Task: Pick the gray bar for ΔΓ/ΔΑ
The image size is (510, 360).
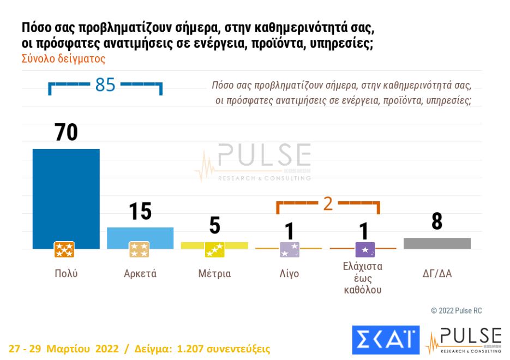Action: [x=437, y=243]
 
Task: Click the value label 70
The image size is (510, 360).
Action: [x=66, y=133]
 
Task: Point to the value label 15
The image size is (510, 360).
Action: [x=140, y=212]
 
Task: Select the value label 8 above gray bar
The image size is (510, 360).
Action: [x=437, y=221]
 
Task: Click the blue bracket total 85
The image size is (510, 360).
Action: [x=105, y=85]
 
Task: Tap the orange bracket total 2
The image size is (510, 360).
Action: [x=328, y=203]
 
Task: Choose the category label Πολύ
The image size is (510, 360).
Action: [x=66, y=274]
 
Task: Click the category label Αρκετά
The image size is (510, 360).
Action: [x=140, y=274]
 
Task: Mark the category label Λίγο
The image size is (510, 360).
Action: [x=289, y=274]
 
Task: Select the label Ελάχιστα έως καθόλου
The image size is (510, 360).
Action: [x=363, y=278]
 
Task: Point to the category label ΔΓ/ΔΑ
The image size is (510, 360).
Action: [x=437, y=274]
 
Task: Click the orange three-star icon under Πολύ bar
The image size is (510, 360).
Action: [x=64, y=250]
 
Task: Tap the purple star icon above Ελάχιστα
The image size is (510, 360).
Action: [x=364, y=250]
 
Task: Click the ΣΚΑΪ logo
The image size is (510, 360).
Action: [x=386, y=339]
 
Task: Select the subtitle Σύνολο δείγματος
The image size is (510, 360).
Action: [x=63, y=59]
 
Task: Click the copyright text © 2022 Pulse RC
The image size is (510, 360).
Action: [x=456, y=310]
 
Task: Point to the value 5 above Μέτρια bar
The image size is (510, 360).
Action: [x=214, y=225]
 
